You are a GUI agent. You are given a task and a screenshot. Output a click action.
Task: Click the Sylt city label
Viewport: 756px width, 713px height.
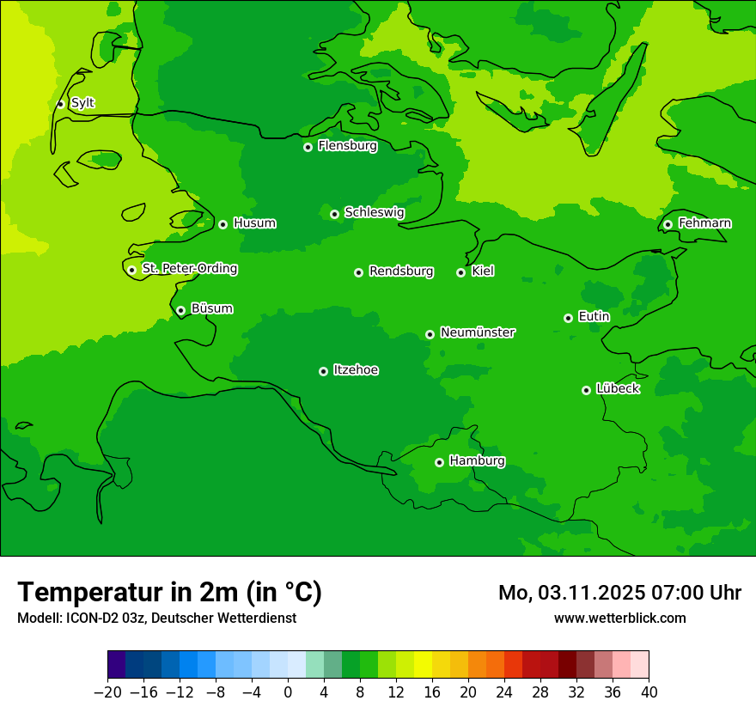[x=82, y=103]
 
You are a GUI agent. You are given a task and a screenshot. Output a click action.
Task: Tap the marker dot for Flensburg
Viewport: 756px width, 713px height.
[x=308, y=147]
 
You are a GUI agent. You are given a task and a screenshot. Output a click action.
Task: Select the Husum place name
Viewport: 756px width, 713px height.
[x=254, y=223]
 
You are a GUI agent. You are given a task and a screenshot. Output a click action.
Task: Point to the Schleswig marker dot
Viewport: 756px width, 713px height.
[x=334, y=214]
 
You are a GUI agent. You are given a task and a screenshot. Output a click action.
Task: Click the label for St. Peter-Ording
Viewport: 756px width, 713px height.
[x=189, y=269]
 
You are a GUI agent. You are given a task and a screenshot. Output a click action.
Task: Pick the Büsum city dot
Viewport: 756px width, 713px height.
[x=180, y=310]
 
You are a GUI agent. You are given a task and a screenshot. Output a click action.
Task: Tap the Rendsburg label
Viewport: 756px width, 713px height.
[x=401, y=271]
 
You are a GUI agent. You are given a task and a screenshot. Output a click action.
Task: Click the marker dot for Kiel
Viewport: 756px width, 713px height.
[x=460, y=272]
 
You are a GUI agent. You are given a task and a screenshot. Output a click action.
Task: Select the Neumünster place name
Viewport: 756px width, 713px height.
[x=478, y=332]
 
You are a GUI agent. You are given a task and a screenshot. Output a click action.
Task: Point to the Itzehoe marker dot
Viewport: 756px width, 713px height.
[x=323, y=371]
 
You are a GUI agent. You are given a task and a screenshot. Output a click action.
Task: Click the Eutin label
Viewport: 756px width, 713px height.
[x=594, y=317]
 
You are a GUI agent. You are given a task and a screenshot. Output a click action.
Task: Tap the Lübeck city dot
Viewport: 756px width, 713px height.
[x=586, y=390]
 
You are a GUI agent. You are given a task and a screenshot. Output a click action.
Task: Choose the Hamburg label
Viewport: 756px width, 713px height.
[x=477, y=460]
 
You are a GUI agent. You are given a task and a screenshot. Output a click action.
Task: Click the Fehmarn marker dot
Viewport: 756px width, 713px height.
[x=668, y=224]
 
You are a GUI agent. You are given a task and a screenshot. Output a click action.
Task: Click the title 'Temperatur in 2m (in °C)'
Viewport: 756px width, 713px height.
[x=169, y=592]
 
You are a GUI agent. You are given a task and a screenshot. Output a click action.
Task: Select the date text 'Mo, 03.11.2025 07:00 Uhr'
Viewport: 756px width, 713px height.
[x=619, y=593]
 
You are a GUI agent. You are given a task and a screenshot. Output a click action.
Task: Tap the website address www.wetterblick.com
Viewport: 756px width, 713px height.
[x=619, y=618]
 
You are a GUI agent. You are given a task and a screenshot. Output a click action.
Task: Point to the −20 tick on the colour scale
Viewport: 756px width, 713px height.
[x=107, y=692]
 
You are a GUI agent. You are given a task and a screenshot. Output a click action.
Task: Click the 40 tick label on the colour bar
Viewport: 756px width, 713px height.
[x=649, y=692]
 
